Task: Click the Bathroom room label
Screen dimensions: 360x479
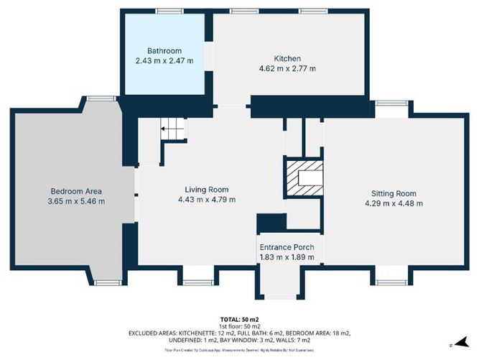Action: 164,51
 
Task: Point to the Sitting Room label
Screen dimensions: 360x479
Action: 394,193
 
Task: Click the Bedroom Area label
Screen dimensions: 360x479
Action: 76,191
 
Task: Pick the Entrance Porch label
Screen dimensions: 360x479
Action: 287,247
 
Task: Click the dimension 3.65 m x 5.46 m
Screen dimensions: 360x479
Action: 76,201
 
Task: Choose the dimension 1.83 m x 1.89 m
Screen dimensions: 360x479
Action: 287,257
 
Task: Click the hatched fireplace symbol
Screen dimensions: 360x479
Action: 304,177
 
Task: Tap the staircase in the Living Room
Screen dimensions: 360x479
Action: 172,130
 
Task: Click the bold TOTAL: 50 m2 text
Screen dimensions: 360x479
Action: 239,319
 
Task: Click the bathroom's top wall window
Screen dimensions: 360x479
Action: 168,11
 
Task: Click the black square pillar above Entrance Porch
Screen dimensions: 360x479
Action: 271,223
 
